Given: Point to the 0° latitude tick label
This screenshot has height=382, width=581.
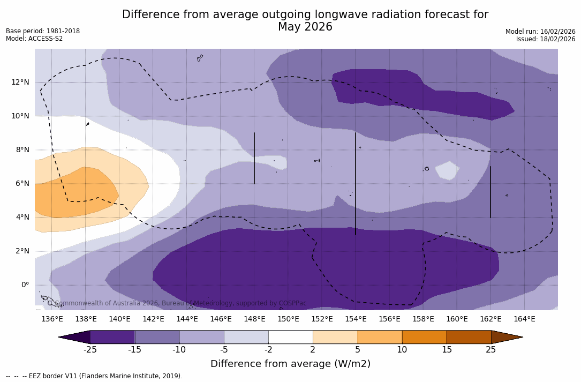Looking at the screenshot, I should (25, 284).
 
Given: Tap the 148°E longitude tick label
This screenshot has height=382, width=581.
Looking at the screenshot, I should (254, 319).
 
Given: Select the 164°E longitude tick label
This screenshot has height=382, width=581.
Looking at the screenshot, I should (524, 319).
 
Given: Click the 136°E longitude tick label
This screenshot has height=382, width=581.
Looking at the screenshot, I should (52, 319).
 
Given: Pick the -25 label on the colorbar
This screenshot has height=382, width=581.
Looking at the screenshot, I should (90, 350).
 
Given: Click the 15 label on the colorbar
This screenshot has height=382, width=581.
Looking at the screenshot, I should (446, 350).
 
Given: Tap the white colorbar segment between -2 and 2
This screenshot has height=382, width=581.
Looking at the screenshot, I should (290, 337).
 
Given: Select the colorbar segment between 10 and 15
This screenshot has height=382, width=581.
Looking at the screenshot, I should (424, 337).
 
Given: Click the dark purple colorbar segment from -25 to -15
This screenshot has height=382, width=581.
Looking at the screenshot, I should (112, 337).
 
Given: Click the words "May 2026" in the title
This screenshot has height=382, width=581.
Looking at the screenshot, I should (305, 27).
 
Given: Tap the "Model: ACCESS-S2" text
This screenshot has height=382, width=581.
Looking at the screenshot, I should (34, 39).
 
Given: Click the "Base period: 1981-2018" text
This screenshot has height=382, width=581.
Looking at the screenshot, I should (43, 31).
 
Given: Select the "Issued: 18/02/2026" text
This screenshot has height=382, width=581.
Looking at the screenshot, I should (545, 39).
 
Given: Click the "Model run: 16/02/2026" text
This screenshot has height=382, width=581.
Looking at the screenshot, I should (540, 32).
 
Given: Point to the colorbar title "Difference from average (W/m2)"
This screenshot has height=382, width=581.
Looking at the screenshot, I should (290, 364).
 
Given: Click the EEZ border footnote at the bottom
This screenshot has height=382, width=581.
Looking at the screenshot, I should (94, 376).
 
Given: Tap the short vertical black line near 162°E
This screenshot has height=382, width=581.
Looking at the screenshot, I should (491, 192).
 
